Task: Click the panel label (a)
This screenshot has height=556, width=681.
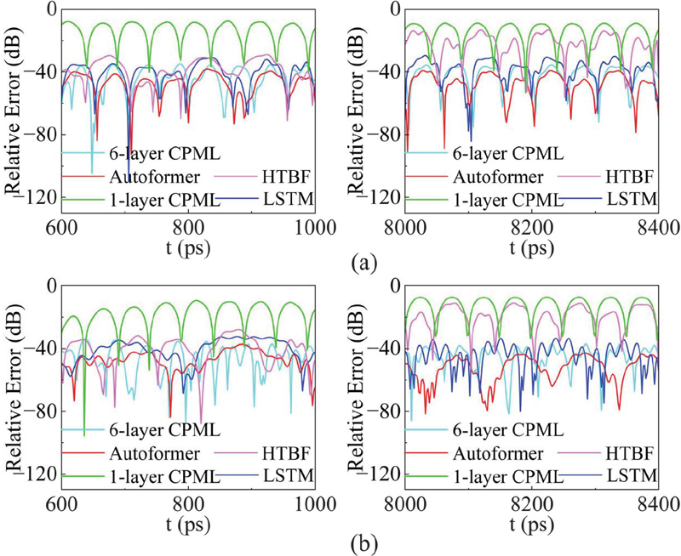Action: coord(360,261)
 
